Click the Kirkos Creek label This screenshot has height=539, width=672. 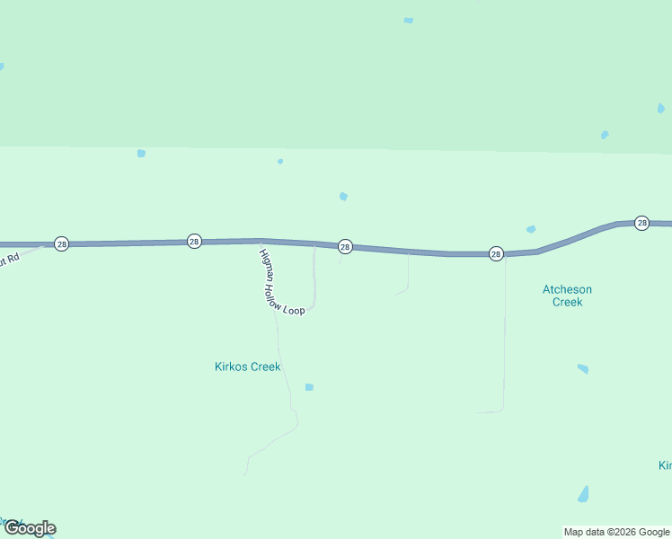click(x=248, y=367)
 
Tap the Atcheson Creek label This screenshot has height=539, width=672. click(x=567, y=296)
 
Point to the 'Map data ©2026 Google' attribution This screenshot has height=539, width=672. click(x=617, y=532)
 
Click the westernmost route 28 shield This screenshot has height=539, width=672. click(x=61, y=243)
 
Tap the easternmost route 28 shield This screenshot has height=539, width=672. click(x=641, y=223)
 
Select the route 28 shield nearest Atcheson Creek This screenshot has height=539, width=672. click(x=496, y=254)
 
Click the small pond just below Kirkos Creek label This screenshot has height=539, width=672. click(x=309, y=387)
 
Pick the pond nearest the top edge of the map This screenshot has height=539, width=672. click(x=409, y=20)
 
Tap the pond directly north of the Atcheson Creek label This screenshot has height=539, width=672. click(x=531, y=229)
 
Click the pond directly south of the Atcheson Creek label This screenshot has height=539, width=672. click(x=583, y=368)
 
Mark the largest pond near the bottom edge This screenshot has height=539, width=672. click(x=584, y=494)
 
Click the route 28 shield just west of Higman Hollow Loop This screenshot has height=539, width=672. click(x=194, y=241)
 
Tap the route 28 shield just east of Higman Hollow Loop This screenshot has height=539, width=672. click(x=345, y=246)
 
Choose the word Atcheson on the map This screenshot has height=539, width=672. click(x=567, y=289)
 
